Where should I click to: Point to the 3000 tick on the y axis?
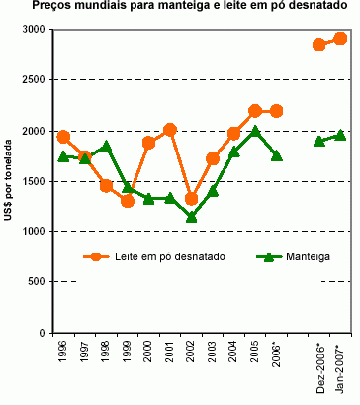click(32, 30)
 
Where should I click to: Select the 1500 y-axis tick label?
click(32, 181)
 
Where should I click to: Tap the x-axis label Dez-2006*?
click(319, 366)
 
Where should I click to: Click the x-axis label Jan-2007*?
click(341, 366)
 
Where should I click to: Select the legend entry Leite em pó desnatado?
click(168, 256)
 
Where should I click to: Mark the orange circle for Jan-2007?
click(340, 39)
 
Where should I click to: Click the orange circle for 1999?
click(128, 201)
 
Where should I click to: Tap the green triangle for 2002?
click(191, 217)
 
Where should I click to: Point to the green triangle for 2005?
click(255, 131)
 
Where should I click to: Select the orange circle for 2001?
click(170, 130)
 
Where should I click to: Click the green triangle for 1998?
click(106, 147)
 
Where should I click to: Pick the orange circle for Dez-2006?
click(318, 45)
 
